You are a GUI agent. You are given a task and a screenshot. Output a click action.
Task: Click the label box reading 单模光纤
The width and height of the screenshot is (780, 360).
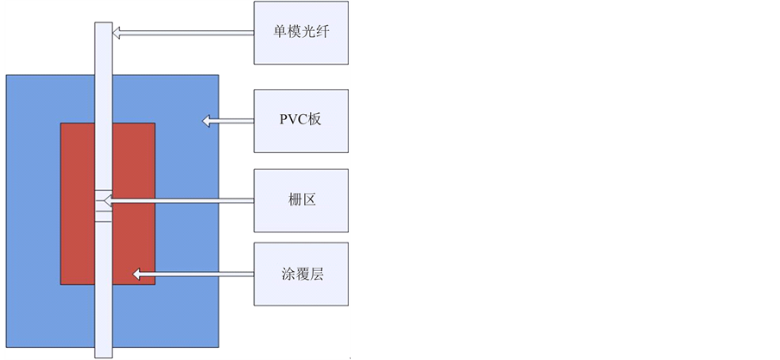pyautogui.click(x=301, y=32)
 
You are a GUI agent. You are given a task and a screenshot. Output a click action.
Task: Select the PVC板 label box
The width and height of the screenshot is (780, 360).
pyautogui.click(x=301, y=120)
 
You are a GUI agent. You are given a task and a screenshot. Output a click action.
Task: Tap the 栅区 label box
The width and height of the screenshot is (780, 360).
pyautogui.click(x=301, y=200)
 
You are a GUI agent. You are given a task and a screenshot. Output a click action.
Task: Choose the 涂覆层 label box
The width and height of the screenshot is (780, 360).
pyautogui.click(x=301, y=275)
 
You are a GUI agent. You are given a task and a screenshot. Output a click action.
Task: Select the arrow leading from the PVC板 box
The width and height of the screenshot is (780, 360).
pyautogui.click(x=228, y=121)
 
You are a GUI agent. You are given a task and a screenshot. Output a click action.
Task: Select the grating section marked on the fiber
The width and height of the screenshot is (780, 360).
pyautogui.click(x=102, y=206)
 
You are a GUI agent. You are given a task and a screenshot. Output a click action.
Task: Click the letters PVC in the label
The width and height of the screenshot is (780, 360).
pyautogui.click(x=292, y=120)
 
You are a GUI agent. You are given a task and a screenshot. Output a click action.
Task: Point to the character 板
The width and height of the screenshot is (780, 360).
pyautogui.click(x=314, y=120)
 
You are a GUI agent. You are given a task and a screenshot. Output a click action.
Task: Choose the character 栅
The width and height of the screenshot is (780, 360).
pyautogui.click(x=295, y=200)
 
